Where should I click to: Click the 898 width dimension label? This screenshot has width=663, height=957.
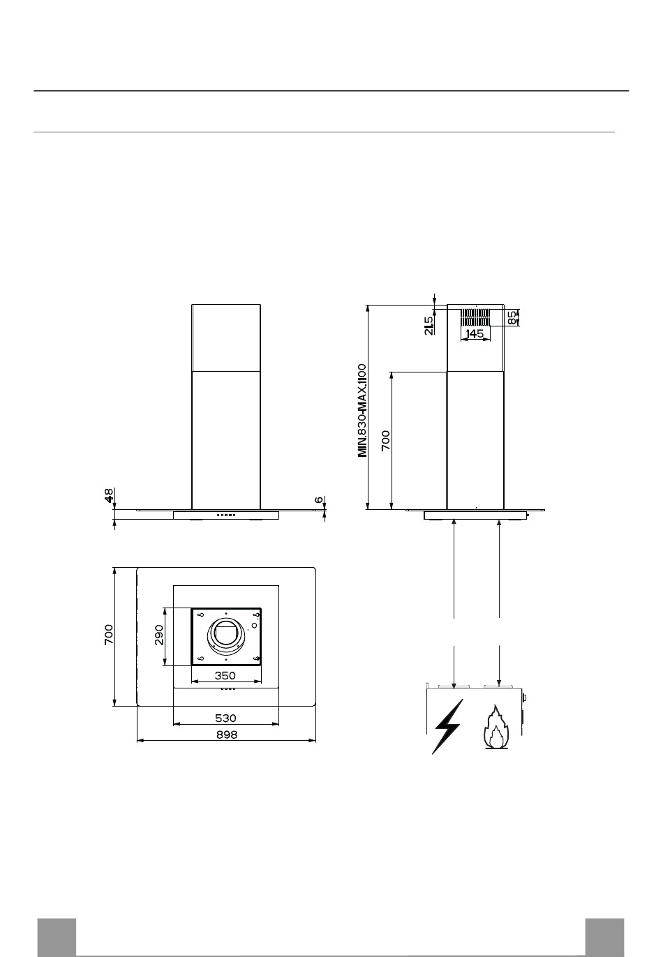tap(226, 734)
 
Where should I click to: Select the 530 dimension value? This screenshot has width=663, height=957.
tap(225, 718)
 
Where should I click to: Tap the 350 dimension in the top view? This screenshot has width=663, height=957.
tap(225, 675)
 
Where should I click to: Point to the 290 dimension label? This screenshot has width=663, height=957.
tap(159, 635)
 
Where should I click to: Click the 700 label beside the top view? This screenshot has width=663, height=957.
tap(109, 635)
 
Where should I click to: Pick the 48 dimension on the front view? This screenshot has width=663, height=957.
tap(109, 495)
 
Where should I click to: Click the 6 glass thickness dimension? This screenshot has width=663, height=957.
tap(320, 499)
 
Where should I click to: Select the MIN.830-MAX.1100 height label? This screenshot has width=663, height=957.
tap(362, 410)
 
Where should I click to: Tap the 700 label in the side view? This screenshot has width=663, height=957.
tap(385, 440)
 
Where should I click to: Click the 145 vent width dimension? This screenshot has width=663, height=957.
tap(475, 333)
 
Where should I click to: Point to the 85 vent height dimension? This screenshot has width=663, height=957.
tap(512, 317)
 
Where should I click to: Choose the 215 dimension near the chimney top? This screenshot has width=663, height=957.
tap(429, 325)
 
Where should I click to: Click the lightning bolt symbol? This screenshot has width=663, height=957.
tap(447, 726)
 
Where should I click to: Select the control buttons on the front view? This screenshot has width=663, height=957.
tap(225, 515)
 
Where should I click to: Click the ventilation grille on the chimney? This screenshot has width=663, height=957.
tap(475, 317)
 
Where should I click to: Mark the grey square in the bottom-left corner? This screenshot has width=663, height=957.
tap(57, 937)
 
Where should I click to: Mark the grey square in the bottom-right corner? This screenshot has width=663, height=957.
tap(604, 937)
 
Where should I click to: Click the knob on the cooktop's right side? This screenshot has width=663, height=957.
tap(524, 698)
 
